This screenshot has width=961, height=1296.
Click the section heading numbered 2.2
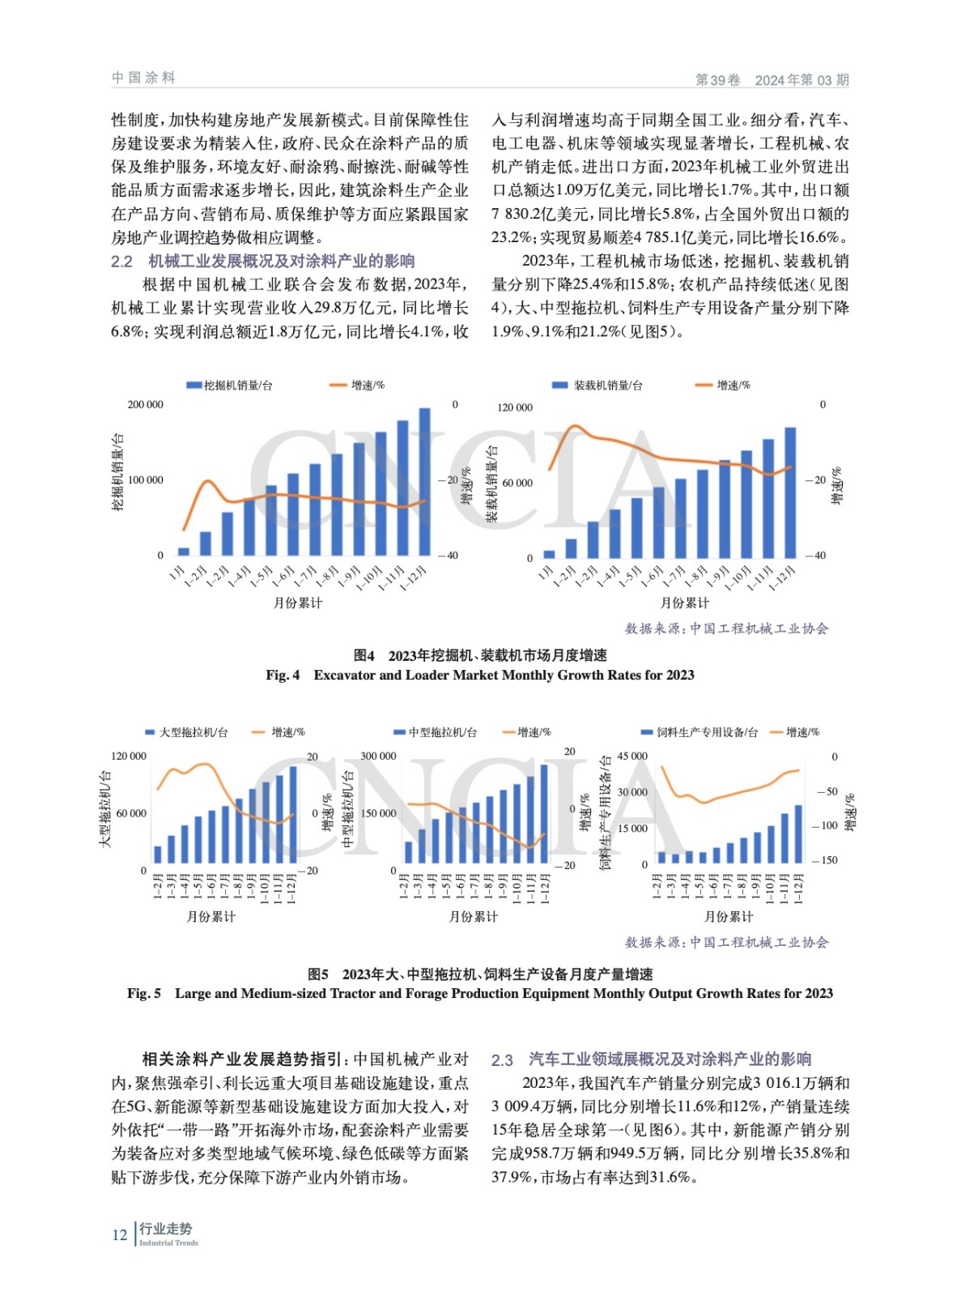point(263,261)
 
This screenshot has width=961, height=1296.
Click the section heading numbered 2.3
point(652,1059)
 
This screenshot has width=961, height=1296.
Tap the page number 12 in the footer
point(119,1235)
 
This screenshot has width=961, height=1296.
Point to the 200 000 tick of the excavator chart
point(145,404)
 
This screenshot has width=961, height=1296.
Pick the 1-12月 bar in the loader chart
point(790,491)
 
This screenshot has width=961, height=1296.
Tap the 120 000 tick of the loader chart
point(515,407)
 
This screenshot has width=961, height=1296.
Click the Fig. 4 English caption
point(480,675)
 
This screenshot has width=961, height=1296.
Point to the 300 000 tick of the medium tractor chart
point(378,756)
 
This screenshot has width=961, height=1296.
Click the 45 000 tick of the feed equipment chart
point(632,756)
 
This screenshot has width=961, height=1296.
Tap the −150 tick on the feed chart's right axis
point(825,860)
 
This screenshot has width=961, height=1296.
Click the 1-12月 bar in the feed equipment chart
point(799,833)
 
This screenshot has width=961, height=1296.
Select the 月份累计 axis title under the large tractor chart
point(211,916)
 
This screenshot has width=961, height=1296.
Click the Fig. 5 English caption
point(480,993)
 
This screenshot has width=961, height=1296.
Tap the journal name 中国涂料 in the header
point(143,78)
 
